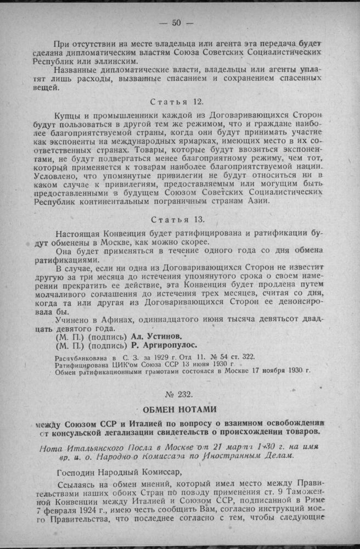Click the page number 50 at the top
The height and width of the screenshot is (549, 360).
coord(176,23)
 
